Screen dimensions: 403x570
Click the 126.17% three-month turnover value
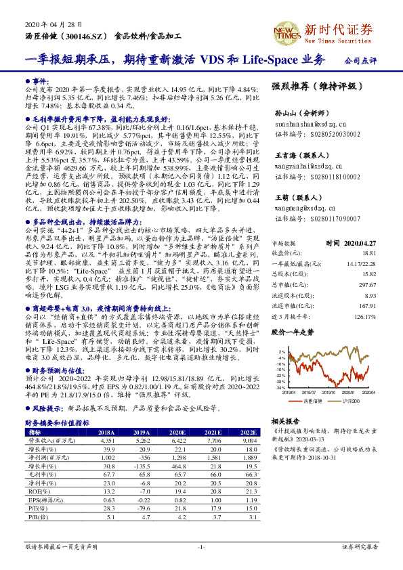point(365,316)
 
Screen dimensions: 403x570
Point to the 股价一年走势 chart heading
point(293,332)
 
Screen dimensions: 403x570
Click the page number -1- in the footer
point(201,546)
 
